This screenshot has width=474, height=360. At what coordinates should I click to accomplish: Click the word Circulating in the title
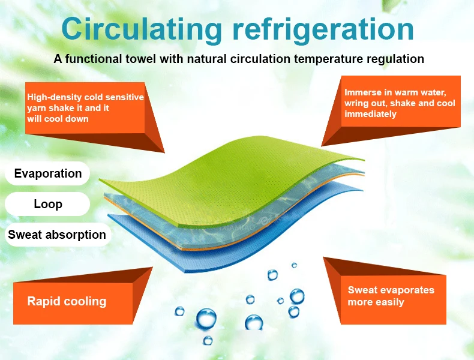[x=142, y=30]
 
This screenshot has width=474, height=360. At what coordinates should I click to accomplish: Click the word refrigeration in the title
[x=323, y=30]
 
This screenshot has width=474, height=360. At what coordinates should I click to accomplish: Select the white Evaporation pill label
[x=47, y=173]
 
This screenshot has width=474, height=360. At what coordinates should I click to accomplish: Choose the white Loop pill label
[x=47, y=204]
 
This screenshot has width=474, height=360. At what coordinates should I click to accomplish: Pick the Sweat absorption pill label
[x=58, y=235]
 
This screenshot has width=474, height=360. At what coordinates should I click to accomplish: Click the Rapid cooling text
[x=67, y=301]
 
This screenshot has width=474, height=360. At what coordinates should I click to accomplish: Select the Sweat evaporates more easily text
[x=391, y=296]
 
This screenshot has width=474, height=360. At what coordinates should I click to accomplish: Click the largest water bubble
[x=206, y=318]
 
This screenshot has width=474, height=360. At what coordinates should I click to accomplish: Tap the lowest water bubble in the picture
[x=208, y=340]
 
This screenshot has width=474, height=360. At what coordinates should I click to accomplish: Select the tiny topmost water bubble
[x=294, y=265]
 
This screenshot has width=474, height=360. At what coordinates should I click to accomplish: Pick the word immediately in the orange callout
[x=370, y=114]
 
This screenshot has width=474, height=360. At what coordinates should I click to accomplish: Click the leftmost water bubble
[x=179, y=311]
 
